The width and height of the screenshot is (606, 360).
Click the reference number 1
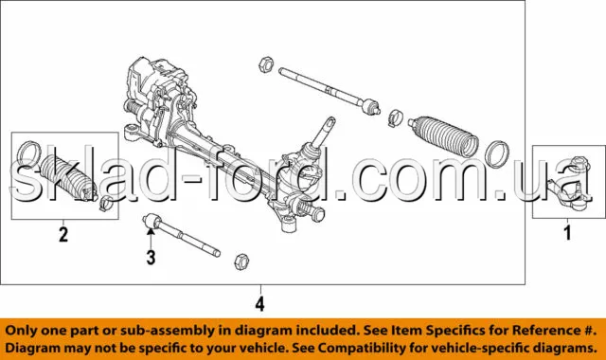click(567, 232)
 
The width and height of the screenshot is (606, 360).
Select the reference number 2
click(63, 234)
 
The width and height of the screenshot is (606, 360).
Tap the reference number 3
click(151, 257)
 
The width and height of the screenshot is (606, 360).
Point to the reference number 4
click(260, 303)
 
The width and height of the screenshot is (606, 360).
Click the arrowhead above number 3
click(151, 231)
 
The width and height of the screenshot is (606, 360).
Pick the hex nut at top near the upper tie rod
click(265, 63)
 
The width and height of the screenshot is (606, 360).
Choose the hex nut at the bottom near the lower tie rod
click(241, 261)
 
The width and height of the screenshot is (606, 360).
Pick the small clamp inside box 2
click(105, 204)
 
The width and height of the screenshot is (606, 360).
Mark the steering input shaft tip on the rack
click(330, 121)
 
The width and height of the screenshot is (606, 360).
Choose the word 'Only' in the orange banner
click(19, 331)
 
